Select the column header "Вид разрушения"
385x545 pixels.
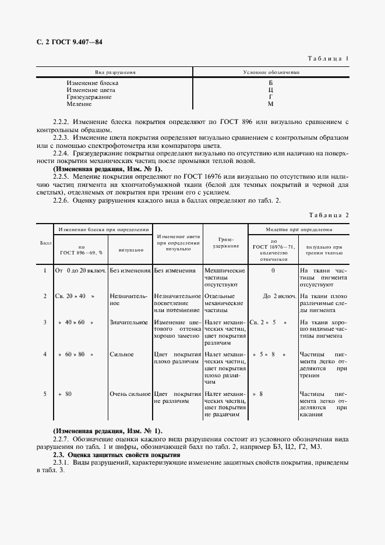115,73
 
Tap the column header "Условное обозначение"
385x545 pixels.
271,73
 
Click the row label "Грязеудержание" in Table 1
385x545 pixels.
89,97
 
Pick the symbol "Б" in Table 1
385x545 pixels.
270,83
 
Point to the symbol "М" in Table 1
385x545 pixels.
270,104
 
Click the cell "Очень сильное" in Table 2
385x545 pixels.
130,394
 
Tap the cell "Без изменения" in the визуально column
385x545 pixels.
130,271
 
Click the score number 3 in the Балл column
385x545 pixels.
45,322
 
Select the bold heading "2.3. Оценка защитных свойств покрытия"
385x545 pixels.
116,454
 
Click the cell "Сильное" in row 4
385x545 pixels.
122,355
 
